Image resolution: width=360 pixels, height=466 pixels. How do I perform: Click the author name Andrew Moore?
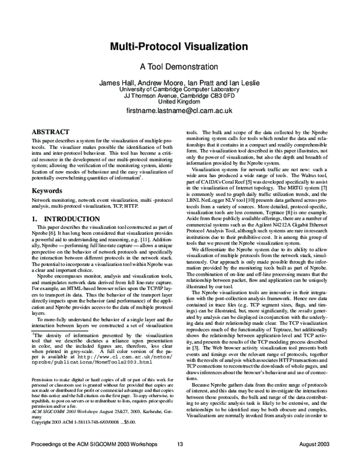coord(165,83)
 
